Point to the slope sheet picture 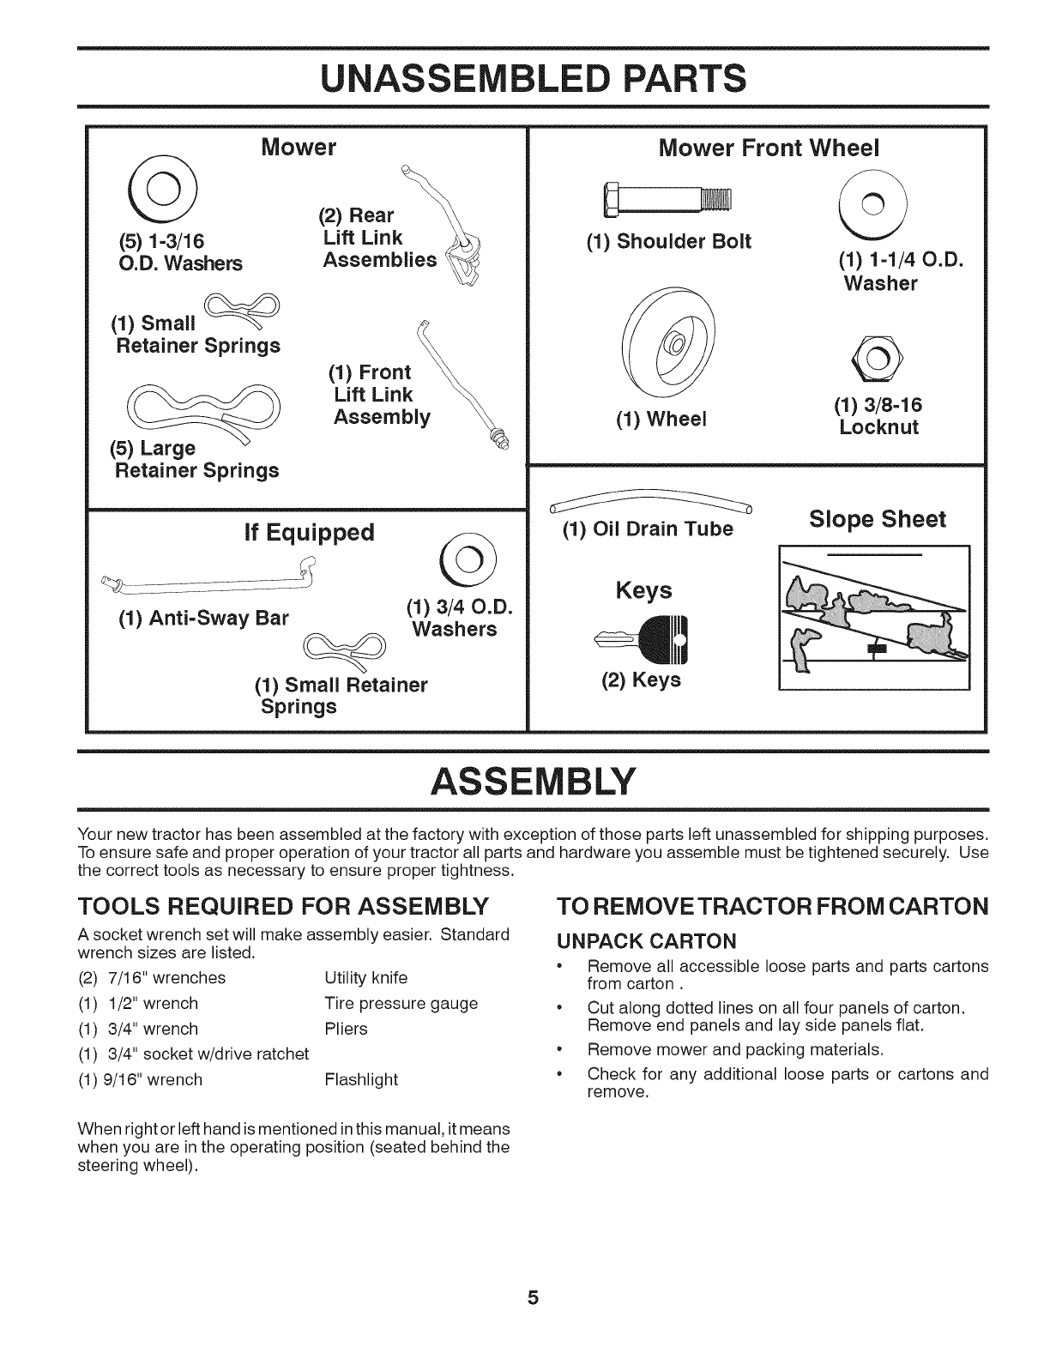[873, 618]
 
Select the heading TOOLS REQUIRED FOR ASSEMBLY [283, 906]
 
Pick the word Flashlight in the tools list [361, 1079]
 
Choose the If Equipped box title [309, 533]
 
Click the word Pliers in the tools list [346, 1029]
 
